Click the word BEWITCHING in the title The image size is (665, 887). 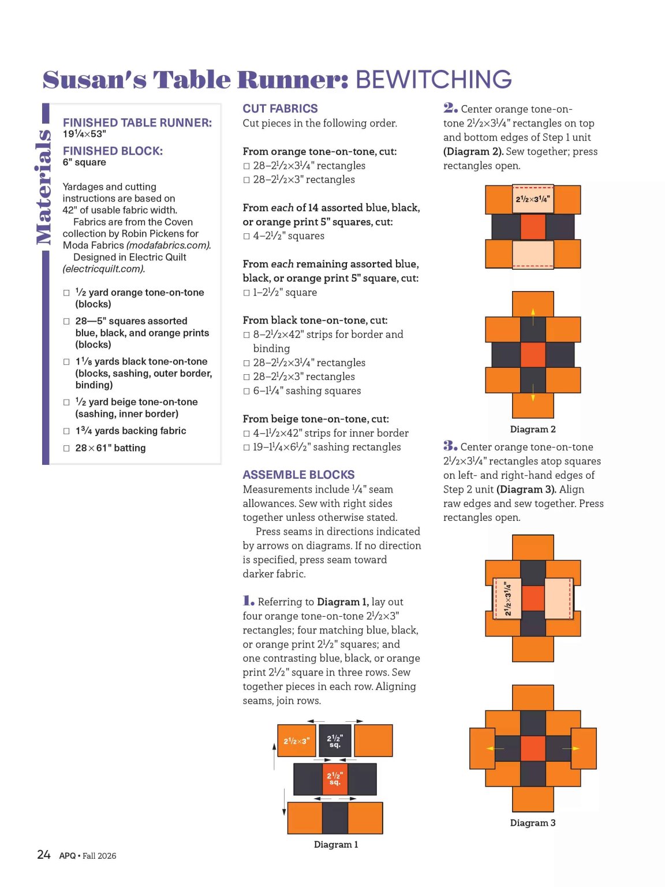(x=434, y=79)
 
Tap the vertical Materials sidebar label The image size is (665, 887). (x=43, y=187)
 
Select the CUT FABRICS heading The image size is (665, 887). (x=280, y=109)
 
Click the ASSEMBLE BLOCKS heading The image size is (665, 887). (x=298, y=475)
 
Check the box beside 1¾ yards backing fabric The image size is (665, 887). (x=66, y=431)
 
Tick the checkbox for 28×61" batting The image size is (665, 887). (x=66, y=448)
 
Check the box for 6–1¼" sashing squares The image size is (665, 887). (x=246, y=391)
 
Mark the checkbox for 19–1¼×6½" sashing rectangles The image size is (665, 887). (x=246, y=448)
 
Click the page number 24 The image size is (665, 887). (x=44, y=854)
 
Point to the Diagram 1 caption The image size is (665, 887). (x=336, y=844)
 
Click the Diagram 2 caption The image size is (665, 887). (x=533, y=429)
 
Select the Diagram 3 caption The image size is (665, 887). (x=533, y=823)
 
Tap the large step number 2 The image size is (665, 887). (x=450, y=108)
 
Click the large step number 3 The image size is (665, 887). (x=450, y=446)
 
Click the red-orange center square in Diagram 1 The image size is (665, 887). (x=335, y=779)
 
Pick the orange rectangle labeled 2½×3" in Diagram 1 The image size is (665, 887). (x=296, y=740)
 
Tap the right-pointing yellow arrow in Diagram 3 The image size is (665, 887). (x=570, y=748)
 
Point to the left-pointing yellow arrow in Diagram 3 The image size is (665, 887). (x=495, y=748)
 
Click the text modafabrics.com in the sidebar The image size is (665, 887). (x=169, y=245)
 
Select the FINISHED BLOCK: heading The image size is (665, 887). (x=113, y=151)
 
